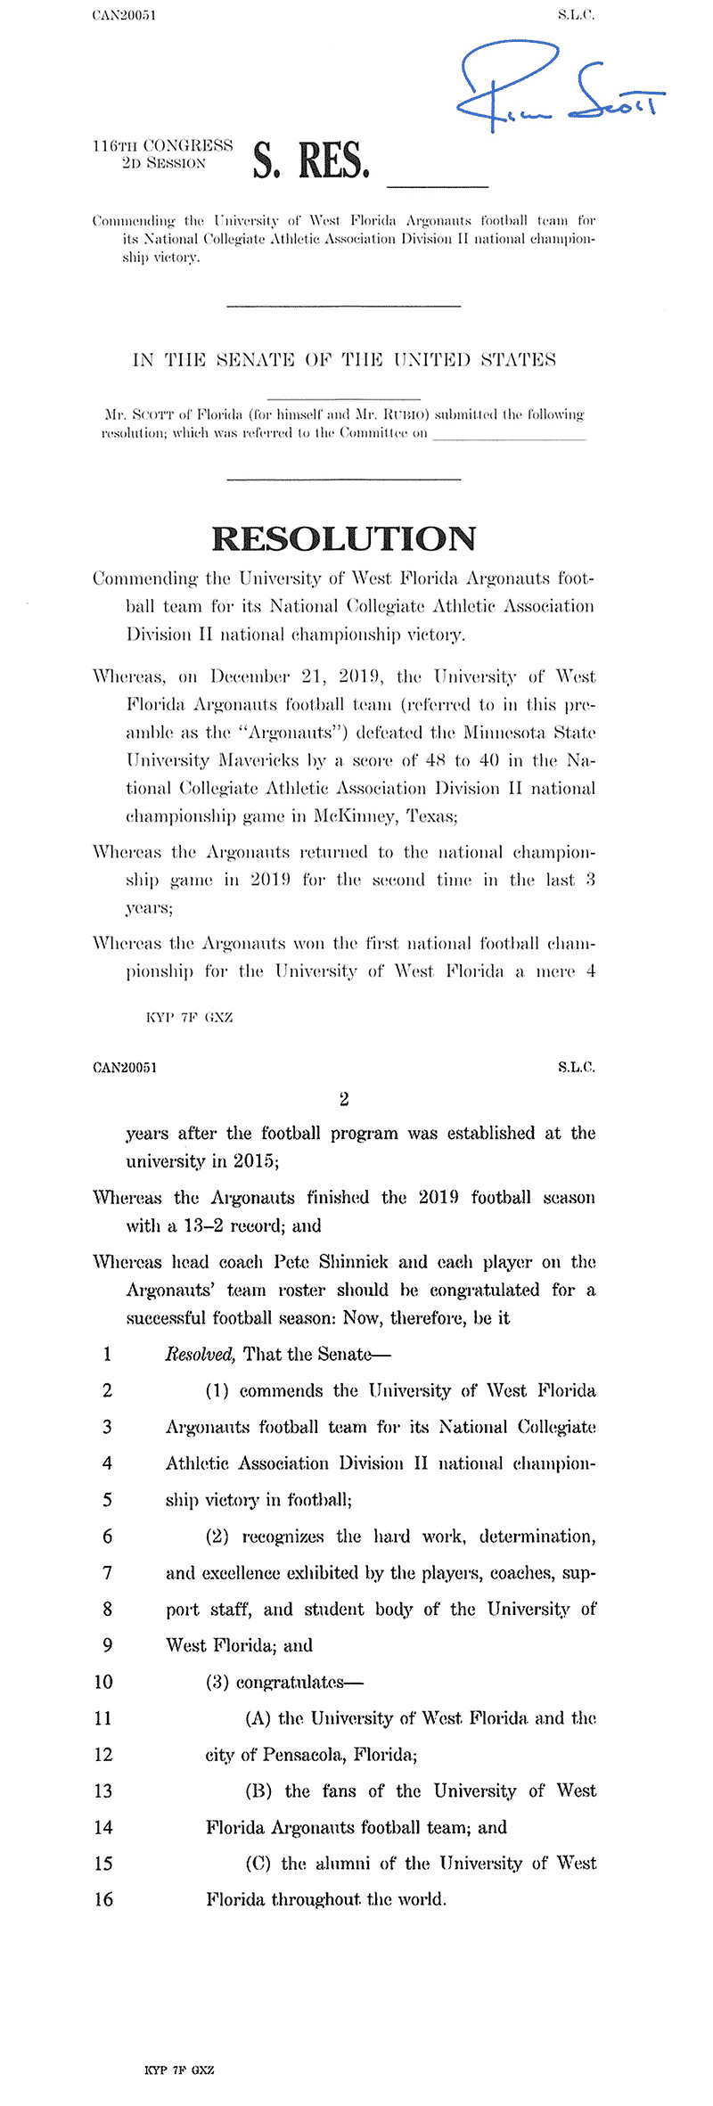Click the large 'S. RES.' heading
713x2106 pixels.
(310, 160)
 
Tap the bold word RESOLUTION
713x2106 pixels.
(343, 539)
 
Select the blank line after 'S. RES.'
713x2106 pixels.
(438, 184)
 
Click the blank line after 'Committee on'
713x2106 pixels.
(509, 438)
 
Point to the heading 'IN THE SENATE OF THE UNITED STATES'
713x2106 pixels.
(344, 360)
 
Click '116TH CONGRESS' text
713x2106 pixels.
(162, 145)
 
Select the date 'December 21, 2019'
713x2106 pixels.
(296, 676)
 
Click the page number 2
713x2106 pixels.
(344, 1099)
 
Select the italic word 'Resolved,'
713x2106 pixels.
(201, 1355)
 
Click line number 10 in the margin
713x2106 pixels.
(103, 1682)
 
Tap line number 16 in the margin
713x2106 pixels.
(103, 1899)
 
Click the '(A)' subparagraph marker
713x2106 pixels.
(258, 1718)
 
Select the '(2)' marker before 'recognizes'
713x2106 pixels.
(217, 1536)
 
